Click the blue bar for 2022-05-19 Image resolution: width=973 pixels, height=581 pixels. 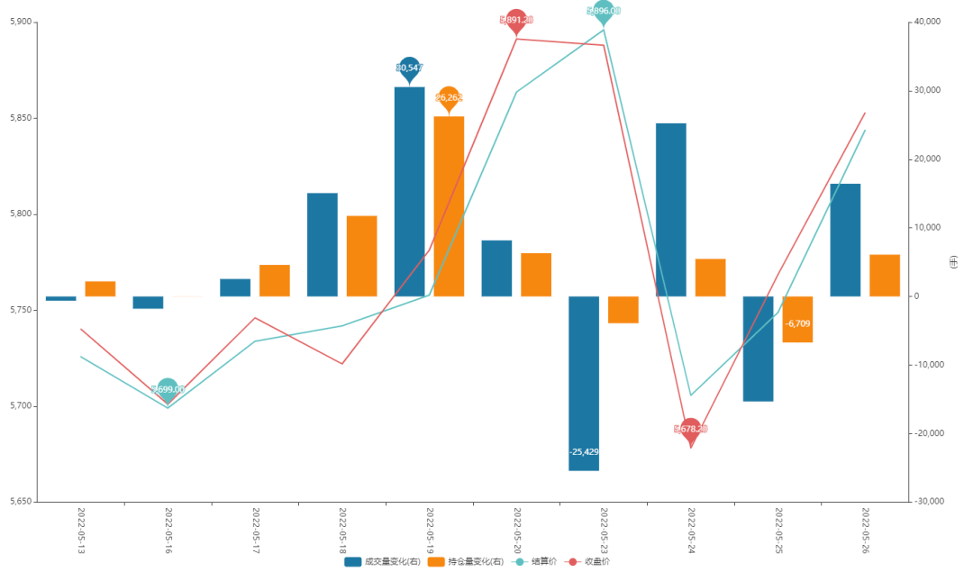point(409,191)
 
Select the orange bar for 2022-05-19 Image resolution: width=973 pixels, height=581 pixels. point(449,206)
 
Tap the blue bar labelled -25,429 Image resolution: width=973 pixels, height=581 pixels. point(584,383)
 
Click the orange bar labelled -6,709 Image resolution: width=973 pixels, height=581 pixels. point(797,319)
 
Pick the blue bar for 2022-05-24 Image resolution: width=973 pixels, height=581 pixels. point(670,209)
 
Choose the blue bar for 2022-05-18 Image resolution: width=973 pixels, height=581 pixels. point(323,244)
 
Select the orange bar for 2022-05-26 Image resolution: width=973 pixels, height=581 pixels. point(885,276)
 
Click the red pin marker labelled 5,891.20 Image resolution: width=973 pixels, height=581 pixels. point(516,20)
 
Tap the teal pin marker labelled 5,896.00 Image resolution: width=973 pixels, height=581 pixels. point(604,11)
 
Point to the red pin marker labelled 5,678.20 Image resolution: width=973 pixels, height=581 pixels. point(691,430)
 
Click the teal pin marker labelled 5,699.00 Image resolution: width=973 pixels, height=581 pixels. point(168,389)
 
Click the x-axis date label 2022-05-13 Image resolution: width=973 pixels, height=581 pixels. point(81,530)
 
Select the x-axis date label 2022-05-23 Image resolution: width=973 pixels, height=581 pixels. point(605,530)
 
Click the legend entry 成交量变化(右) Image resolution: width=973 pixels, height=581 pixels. point(382,562)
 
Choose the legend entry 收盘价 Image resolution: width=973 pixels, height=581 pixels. point(587,562)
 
